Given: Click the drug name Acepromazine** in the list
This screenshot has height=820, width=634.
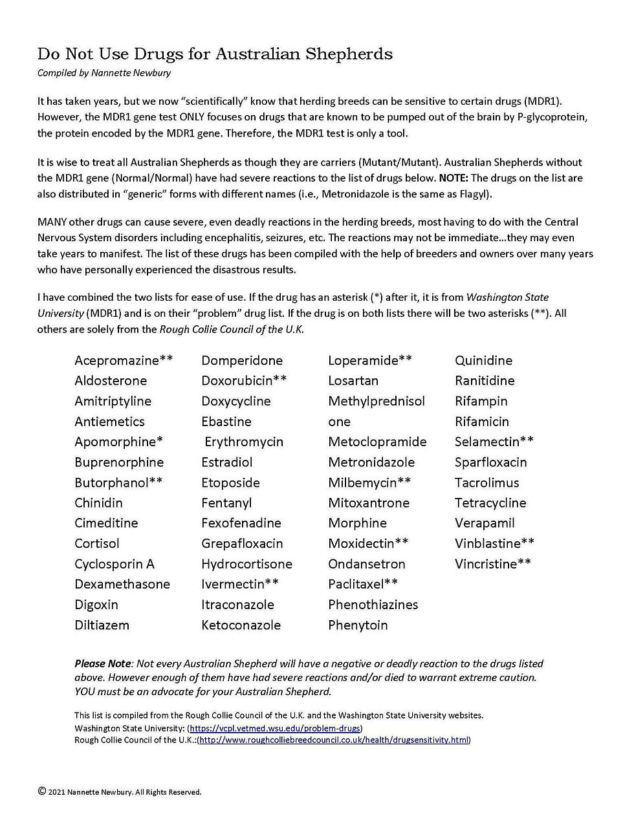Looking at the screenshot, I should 124,360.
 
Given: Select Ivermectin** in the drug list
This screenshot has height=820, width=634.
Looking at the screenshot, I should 239,584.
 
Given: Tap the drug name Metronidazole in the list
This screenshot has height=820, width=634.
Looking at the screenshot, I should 371,462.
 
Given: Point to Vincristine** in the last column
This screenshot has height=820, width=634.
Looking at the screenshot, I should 493,564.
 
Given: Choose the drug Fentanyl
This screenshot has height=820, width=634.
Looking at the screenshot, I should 226,503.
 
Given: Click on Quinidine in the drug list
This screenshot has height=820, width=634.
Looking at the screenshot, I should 483,360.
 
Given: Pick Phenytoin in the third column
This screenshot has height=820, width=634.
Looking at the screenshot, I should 358,625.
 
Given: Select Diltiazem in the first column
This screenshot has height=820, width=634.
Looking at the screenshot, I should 102,625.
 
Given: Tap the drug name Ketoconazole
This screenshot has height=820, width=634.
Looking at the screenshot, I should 241,625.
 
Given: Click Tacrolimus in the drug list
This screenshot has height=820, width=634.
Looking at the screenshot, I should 486,482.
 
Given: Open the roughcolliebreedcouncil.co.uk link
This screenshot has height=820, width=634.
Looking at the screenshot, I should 334,740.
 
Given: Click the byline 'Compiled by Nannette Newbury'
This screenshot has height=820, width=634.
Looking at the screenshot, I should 104,72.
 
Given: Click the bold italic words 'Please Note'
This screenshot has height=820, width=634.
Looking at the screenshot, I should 102,664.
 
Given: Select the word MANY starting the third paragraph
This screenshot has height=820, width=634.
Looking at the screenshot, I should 52,222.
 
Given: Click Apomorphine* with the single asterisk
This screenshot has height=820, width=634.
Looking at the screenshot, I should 118,442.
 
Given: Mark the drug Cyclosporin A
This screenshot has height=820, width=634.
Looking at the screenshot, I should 115,564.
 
